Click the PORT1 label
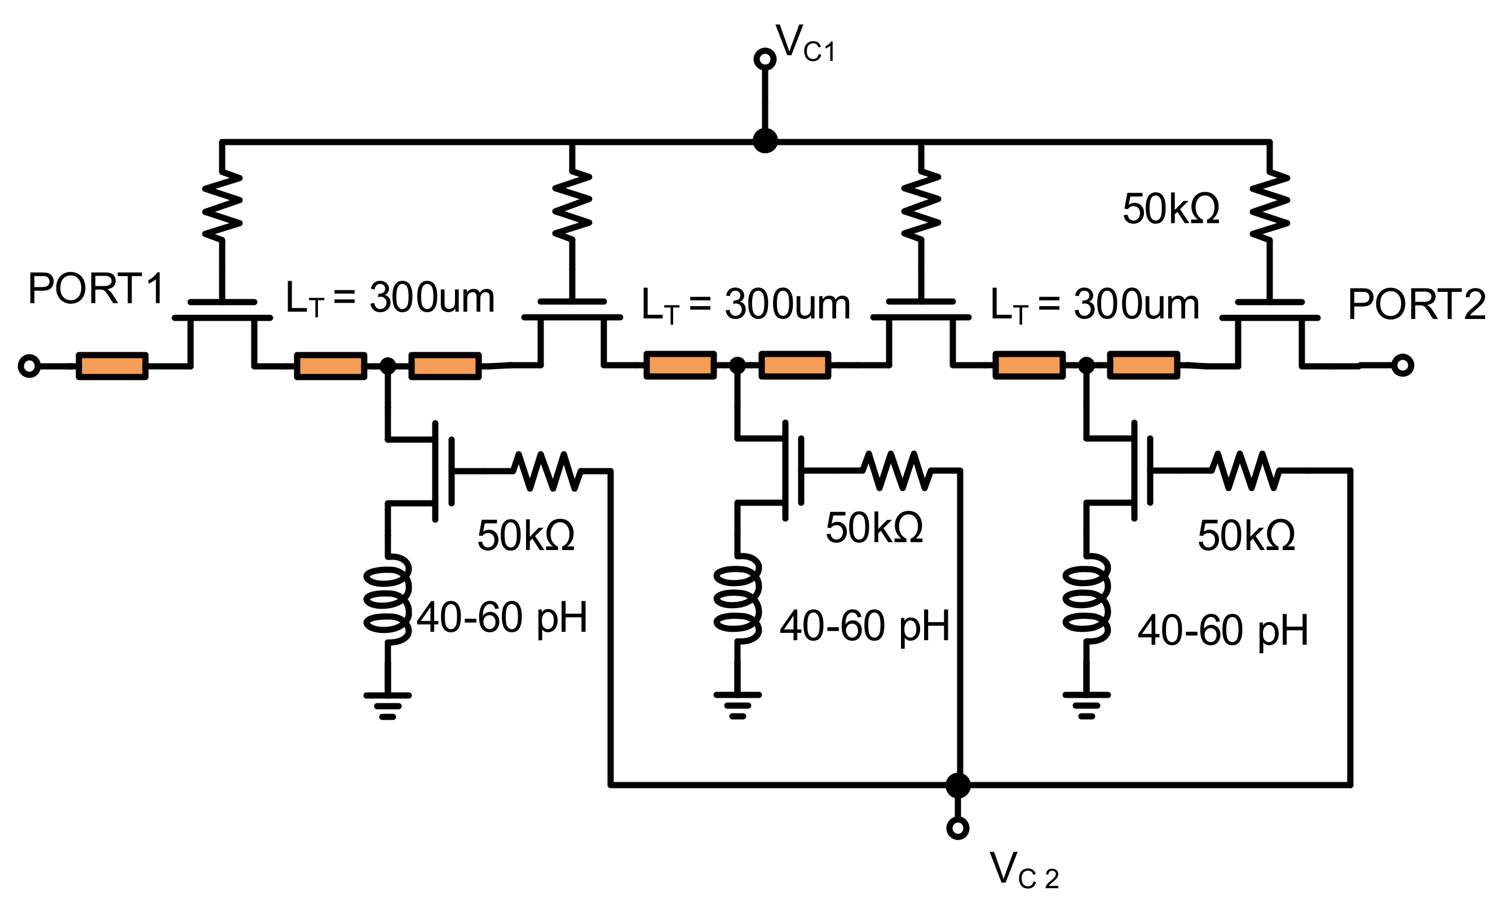(96, 289)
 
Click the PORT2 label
(1415, 305)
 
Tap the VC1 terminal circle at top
(765, 59)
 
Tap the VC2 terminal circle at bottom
(958, 828)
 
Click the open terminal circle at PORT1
(29, 366)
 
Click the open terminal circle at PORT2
(1402, 365)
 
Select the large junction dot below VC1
(765, 141)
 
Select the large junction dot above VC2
(958, 786)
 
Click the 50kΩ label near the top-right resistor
(1170, 209)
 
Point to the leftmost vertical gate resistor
(222, 205)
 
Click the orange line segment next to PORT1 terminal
(112, 366)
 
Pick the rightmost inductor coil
(1086, 599)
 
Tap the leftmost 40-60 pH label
(501, 618)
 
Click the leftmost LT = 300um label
(390, 299)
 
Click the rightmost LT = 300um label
(1095, 305)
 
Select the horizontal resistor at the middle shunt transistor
(896, 471)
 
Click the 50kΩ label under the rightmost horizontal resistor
(1246, 536)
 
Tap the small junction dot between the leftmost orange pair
(388, 366)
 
